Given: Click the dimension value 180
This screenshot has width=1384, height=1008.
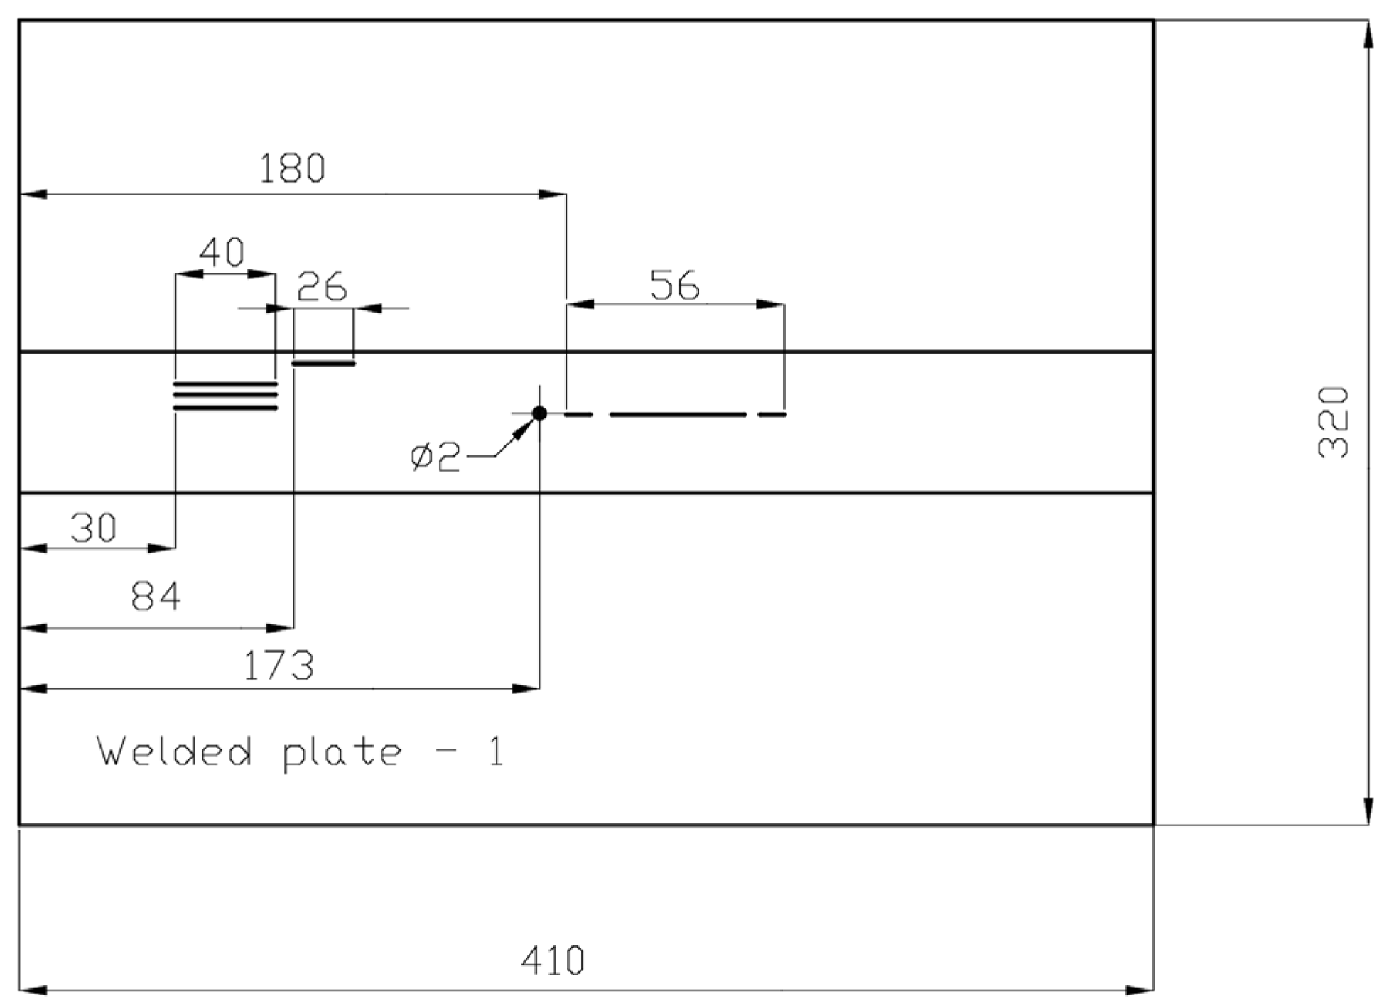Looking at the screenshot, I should pos(292,169).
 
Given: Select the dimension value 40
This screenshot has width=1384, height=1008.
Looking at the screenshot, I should pos(222,252).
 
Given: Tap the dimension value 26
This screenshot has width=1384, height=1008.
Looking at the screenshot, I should pos(322,287).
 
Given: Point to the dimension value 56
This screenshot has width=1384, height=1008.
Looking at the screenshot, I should pos(674,286).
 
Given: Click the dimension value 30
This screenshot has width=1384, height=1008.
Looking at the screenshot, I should pos(94,529).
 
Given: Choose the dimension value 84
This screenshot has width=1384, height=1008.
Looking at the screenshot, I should pos(156,597).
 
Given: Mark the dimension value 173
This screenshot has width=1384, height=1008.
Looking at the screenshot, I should pos(279,666).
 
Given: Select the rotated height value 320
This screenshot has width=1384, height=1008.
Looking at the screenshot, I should pos(1333,423).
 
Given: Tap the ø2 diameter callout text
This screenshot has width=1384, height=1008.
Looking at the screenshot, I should pos(435,457).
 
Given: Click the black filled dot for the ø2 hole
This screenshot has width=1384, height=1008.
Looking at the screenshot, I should pos(539,413).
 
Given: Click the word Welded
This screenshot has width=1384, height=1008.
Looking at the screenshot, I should pos(174,752).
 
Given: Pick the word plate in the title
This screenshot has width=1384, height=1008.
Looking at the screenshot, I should pos(342,753).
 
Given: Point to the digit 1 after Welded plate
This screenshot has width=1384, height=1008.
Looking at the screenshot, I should pos(497,752).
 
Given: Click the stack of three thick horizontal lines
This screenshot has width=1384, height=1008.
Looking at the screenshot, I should pos(225,396).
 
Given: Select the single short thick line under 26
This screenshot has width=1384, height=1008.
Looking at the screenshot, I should pos(324,364).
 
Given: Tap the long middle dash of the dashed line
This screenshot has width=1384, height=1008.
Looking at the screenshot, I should pos(678,414).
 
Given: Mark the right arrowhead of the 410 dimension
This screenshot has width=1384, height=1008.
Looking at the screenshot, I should pos(1140,990).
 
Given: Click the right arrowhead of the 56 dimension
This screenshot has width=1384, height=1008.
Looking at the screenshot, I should pos(771,305).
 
